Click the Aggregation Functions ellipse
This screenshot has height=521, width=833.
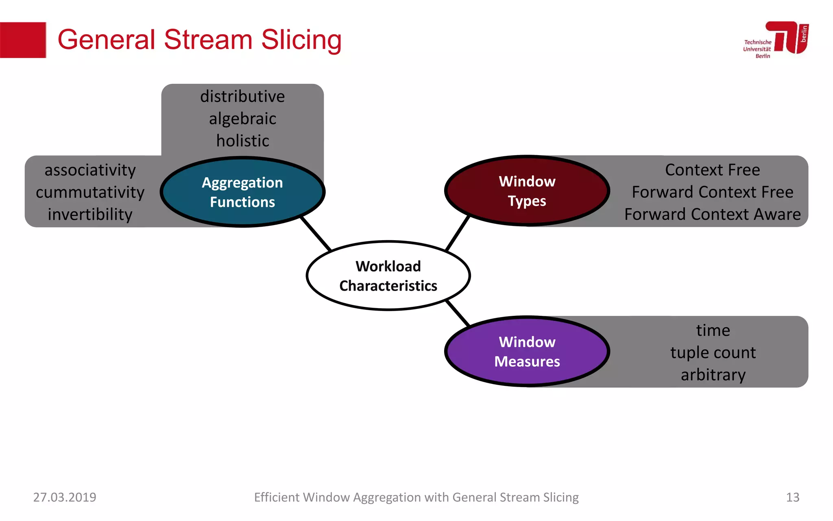pos(242,192)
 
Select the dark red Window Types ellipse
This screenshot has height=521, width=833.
pos(527,190)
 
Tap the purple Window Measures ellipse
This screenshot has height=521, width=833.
pos(527,351)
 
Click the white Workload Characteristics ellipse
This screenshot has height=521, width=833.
pos(388,276)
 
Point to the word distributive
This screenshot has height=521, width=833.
pos(242,96)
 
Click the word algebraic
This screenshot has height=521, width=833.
pos(242,119)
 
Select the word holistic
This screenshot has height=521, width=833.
pos(242,141)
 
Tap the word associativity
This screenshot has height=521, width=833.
pos(90,170)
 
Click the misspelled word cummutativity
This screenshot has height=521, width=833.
pos(90,192)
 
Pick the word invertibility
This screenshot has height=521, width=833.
pos(90,215)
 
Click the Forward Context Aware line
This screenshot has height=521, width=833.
pos(712,214)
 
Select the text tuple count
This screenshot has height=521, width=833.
pos(713,352)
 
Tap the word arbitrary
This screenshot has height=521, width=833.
pos(713,374)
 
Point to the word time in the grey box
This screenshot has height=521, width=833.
pos(713,330)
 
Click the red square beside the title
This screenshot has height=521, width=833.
pos(23,40)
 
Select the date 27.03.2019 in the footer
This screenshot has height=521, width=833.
pos(65,497)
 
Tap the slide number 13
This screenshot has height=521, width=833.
pos(792,497)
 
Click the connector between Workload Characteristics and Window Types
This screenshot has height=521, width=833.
pos(458,234)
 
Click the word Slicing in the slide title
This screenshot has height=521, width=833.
pos(301,40)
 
